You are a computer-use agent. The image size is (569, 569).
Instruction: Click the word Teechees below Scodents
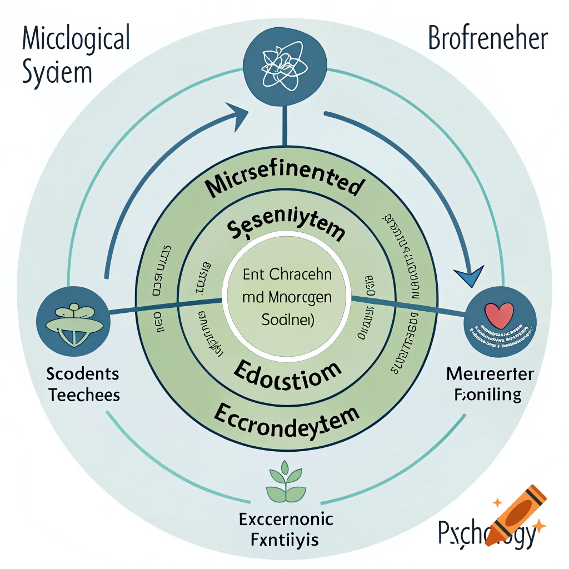tap(84, 395)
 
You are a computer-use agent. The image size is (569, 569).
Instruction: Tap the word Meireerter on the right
tap(490, 374)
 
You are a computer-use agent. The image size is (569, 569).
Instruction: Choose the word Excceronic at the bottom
tap(286, 520)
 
